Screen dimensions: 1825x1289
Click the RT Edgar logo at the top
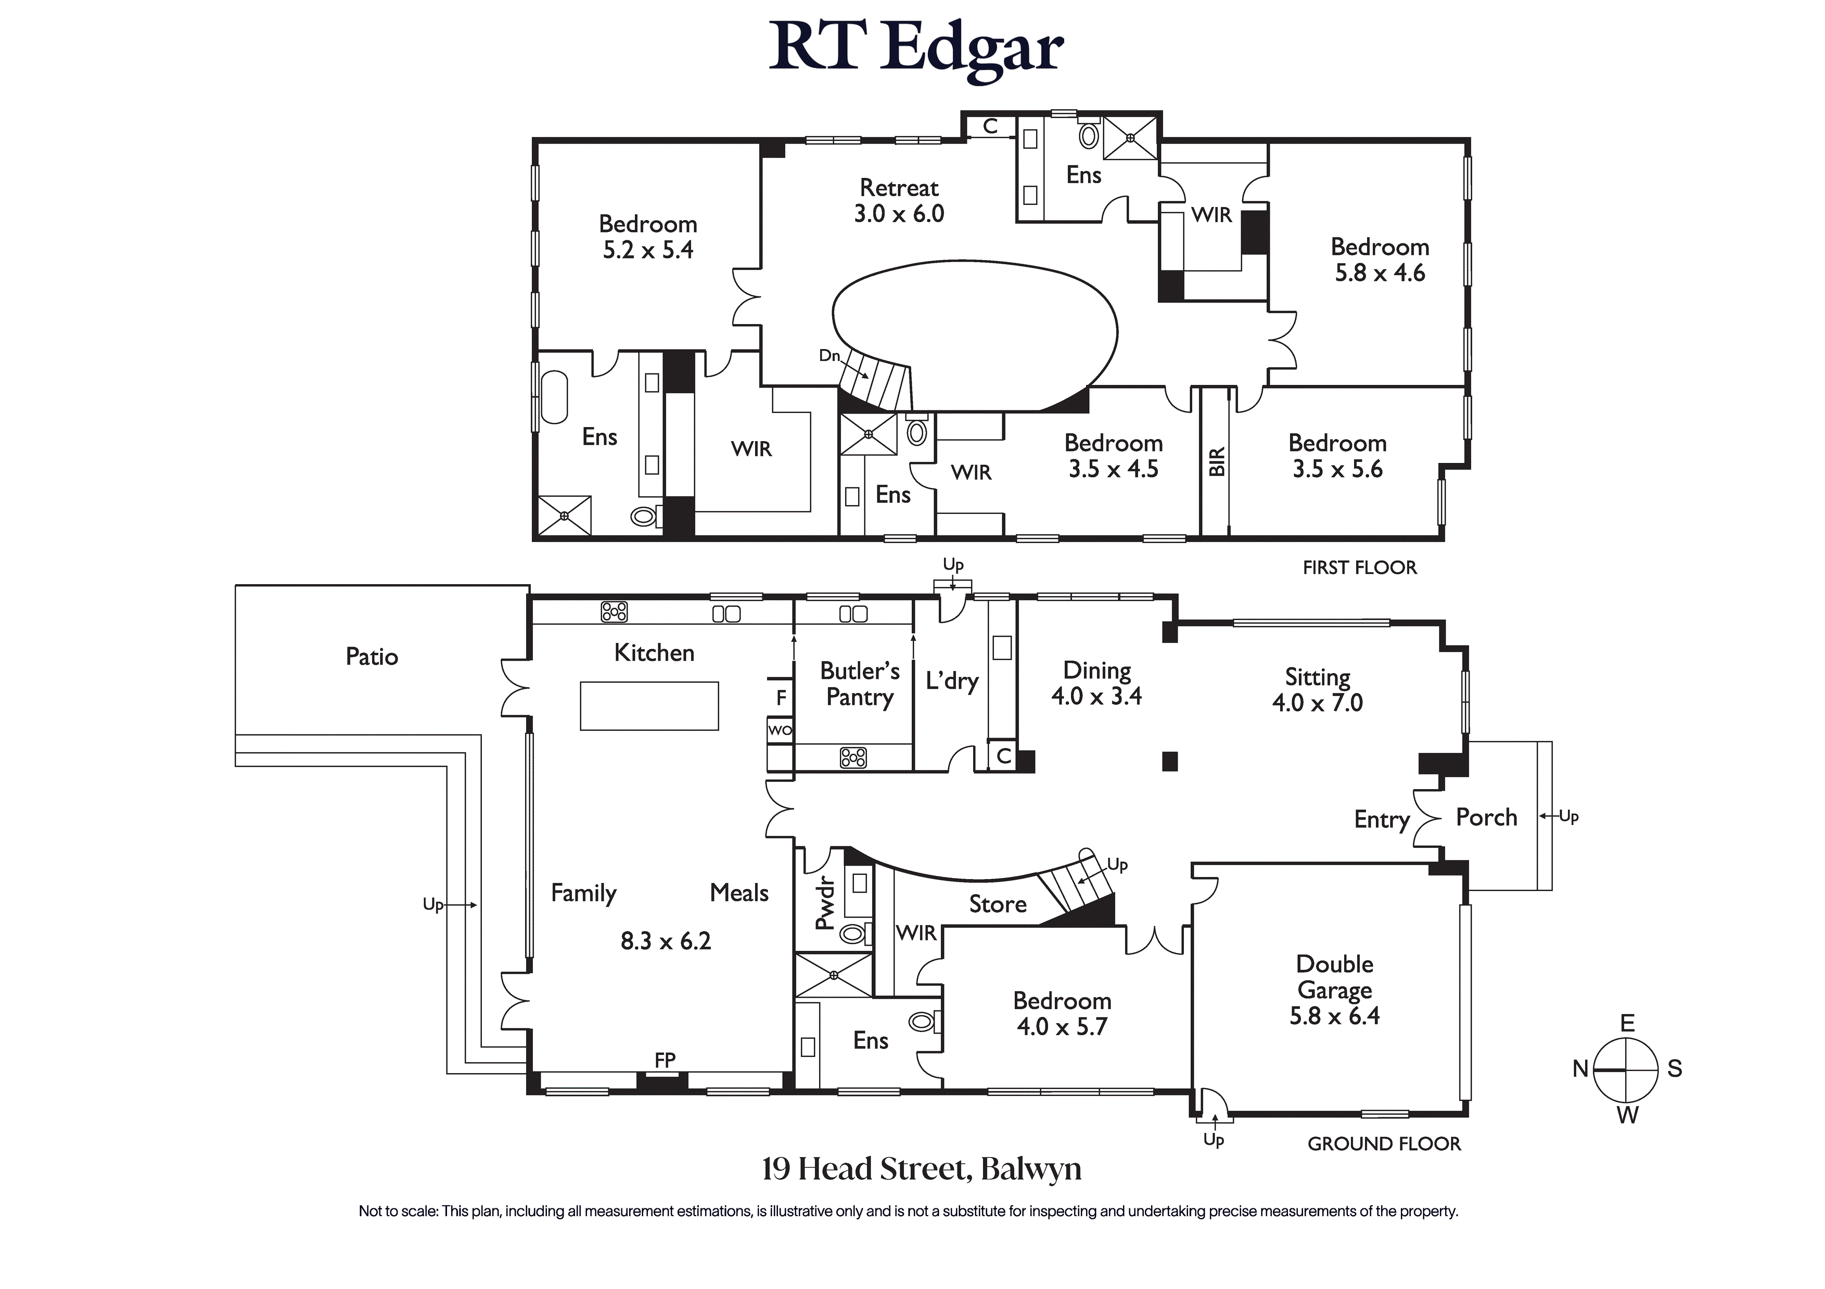click(916, 49)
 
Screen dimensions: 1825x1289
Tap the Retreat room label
click(899, 188)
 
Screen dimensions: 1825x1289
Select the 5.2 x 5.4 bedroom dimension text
click(648, 250)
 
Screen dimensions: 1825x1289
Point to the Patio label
click(372, 656)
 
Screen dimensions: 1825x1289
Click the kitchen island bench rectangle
click(649, 706)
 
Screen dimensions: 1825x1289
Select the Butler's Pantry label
click(860, 684)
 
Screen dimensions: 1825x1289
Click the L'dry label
click(951, 681)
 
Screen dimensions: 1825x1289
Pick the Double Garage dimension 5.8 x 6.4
click(1335, 1015)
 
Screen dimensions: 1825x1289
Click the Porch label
click(1486, 817)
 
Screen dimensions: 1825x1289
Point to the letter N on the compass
click(1580, 1069)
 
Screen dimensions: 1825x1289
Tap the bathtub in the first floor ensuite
click(554, 398)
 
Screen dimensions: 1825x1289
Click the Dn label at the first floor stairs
click(829, 356)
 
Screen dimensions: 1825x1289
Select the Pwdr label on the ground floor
click(825, 903)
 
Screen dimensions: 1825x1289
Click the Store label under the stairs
click(998, 905)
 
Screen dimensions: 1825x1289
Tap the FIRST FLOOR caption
click(1359, 568)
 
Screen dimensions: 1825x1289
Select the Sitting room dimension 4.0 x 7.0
click(1317, 703)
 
